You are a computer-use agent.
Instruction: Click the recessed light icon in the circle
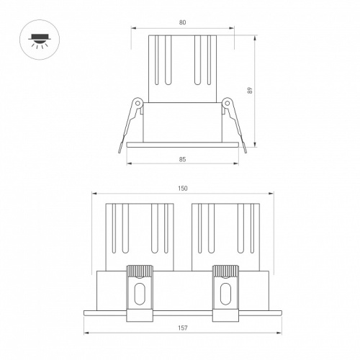(35, 36)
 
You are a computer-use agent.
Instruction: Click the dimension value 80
(182, 23)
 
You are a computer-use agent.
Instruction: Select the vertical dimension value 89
(250, 90)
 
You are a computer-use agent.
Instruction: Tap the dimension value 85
(182, 158)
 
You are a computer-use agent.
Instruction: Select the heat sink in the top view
(182, 68)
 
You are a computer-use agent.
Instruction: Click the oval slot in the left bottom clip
(140, 295)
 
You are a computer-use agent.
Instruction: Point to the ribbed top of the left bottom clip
(140, 271)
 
